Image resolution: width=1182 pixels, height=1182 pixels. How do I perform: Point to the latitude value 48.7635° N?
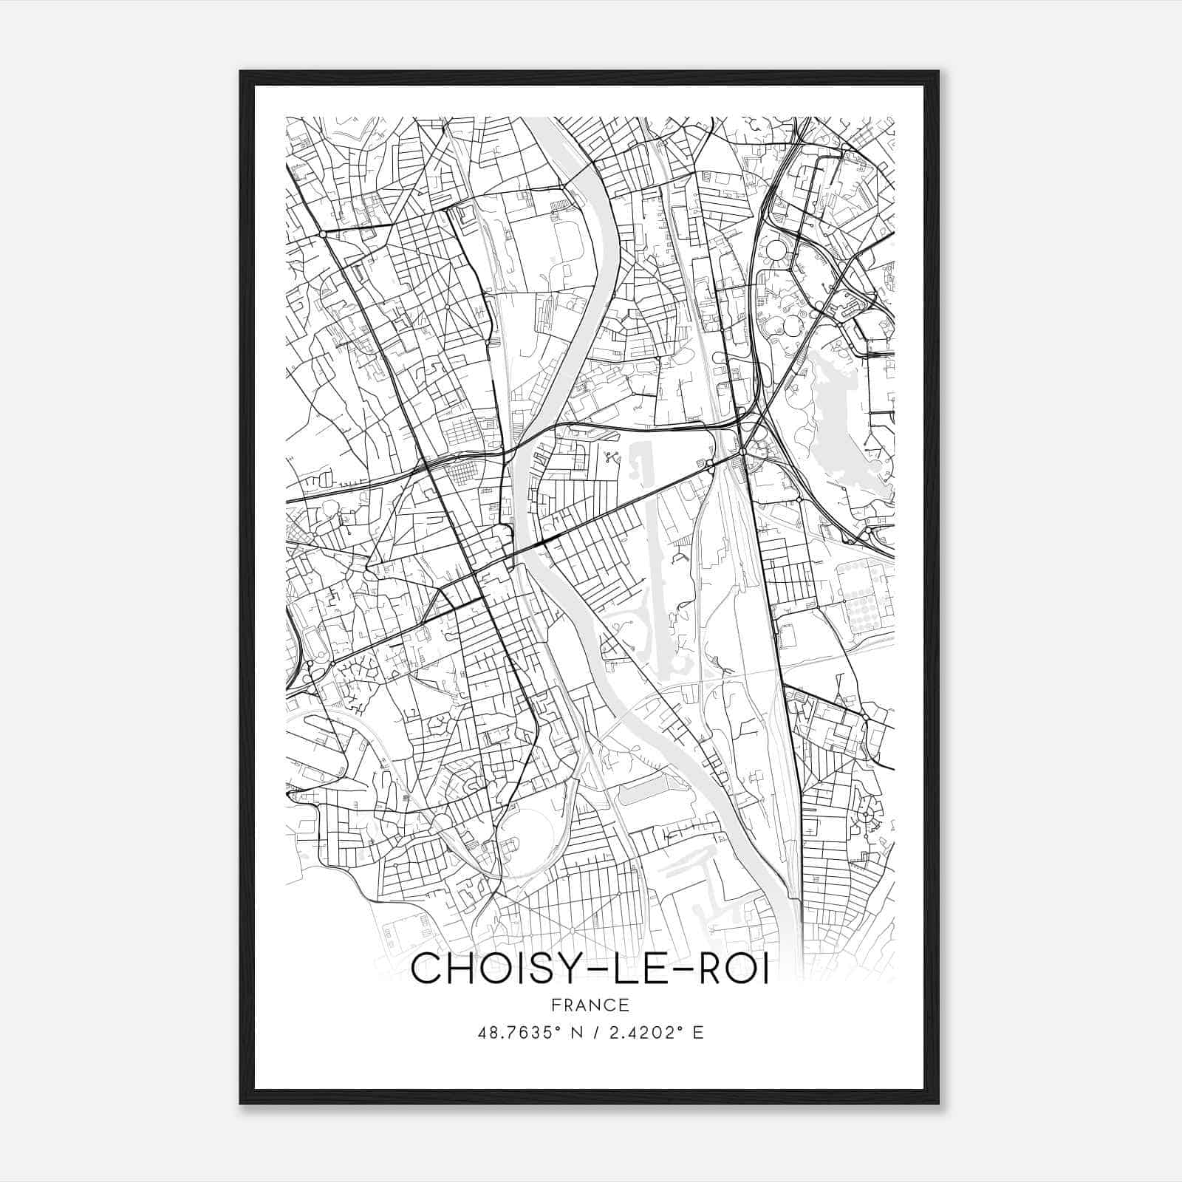pyautogui.click(x=530, y=1033)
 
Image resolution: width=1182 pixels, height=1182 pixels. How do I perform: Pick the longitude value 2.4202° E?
pyautogui.click(x=655, y=1033)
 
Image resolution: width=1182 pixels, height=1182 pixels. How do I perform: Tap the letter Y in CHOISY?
pyautogui.click(x=560, y=969)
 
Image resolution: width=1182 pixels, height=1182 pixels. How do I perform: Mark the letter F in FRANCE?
pyautogui.click(x=554, y=1005)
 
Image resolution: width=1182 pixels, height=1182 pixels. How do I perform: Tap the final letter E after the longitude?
pyautogui.click(x=698, y=1033)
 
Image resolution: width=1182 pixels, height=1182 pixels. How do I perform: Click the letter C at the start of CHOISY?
pyautogui.click(x=425, y=969)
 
